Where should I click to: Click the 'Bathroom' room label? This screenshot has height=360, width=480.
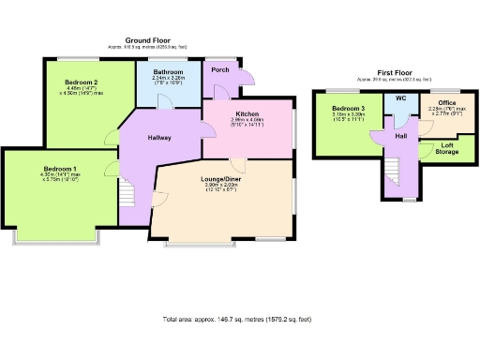coord(169,73)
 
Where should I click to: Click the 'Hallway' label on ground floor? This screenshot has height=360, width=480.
coord(158,138)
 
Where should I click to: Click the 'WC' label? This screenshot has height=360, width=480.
coord(400,98)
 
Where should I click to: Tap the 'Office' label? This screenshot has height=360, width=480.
coord(446,103)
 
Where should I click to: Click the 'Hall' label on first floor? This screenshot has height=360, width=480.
coord(400,137)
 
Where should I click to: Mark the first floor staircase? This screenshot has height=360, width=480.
coord(395,172)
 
